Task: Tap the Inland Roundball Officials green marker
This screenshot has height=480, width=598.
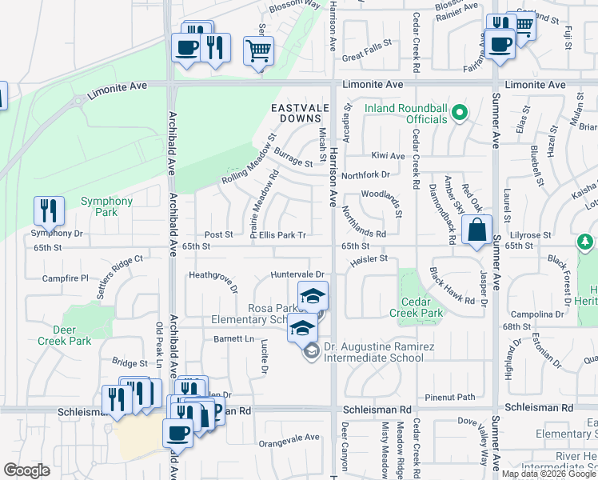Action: click(x=459, y=114)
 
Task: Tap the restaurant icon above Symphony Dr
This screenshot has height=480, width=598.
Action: click(x=50, y=211)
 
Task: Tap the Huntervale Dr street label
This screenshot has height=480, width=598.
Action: click(x=297, y=274)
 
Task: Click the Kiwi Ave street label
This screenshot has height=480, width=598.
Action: click(x=388, y=155)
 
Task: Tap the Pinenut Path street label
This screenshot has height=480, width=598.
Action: click(x=450, y=397)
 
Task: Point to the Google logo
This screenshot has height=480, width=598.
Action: click(x=26, y=470)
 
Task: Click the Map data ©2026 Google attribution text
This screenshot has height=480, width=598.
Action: click(x=548, y=474)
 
